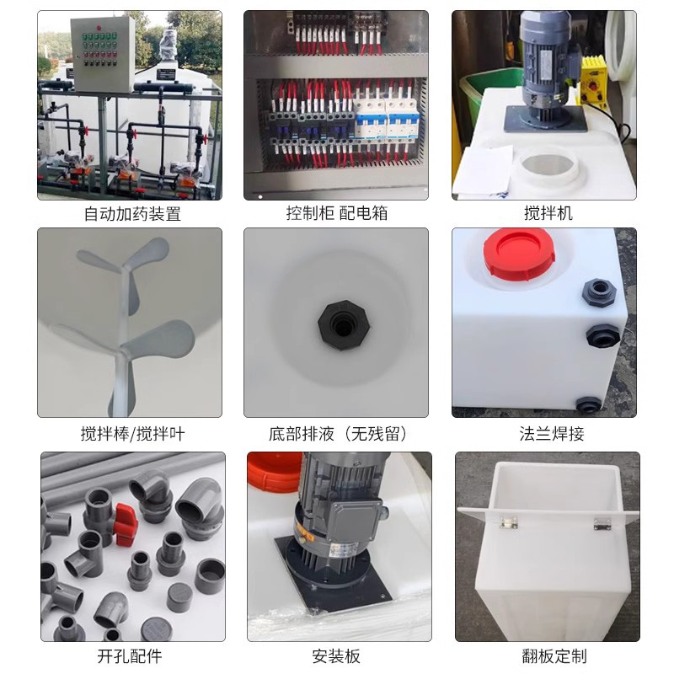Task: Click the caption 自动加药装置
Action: coord(132,214)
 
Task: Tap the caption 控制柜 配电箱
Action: coord(337,213)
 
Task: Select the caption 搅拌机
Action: coord(548,213)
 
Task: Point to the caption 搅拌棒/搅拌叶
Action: coord(132,434)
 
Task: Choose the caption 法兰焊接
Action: coord(552,434)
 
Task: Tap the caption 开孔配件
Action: coord(130,656)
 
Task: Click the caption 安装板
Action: coord(335,656)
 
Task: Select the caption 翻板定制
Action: coord(554,656)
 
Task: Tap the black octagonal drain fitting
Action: coord(344,325)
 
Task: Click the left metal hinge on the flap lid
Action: coord(509,523)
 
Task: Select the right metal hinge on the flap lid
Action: coord(602,523)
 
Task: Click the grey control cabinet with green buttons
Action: coord(102,55)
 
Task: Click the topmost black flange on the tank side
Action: coord(599,292)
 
